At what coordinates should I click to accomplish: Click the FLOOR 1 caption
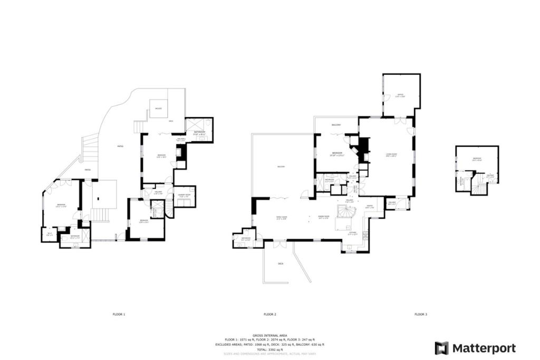click(119, 314)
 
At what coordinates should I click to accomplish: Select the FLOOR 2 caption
click(270, 314)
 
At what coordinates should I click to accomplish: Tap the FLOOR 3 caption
click(420, 314)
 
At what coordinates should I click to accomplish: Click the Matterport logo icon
click(441, 348)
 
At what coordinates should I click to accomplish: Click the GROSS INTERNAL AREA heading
click(269, 335)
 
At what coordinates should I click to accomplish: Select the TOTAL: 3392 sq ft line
click(269, 349)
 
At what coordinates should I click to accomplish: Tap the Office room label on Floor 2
click(401, 95)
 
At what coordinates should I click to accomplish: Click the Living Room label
click(391, 155)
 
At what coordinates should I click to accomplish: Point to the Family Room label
click(282, 218)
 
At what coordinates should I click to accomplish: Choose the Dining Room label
click(323, 217)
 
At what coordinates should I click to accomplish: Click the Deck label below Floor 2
click(281, 263)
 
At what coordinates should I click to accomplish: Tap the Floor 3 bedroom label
click(477, 159)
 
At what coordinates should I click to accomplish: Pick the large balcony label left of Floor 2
click(281, 167)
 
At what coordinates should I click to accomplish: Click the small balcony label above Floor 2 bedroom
click(336, 125)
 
